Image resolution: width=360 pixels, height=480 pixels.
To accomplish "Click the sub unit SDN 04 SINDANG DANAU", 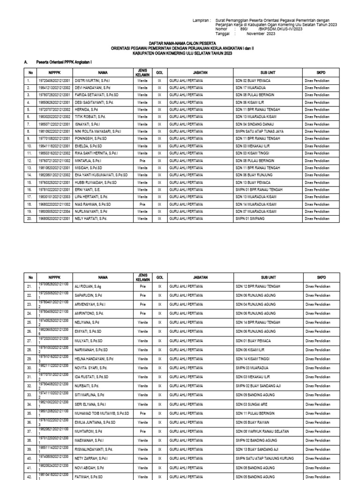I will coord(256,124).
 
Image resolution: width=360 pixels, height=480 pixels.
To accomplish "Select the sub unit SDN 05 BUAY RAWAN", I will coord(254,422).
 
